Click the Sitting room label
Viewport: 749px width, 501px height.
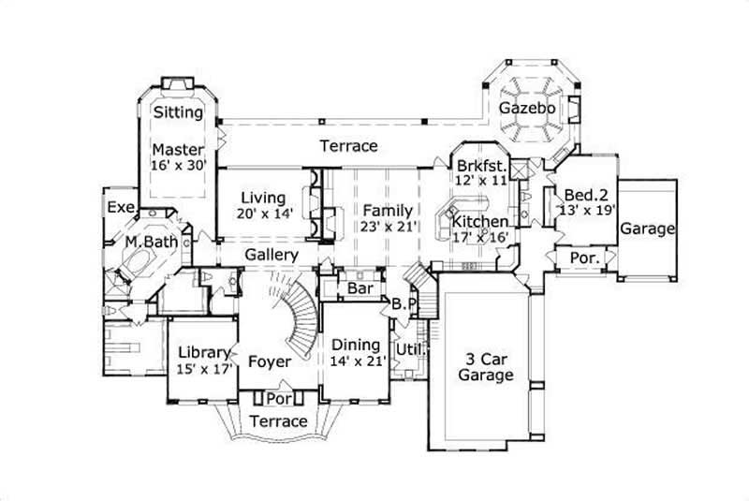pos(178,112)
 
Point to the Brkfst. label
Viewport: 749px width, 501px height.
pos(481,163)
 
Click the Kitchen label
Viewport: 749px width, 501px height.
pos(480,222)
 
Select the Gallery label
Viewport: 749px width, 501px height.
pos(272,255)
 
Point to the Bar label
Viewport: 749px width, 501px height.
pos(360,288)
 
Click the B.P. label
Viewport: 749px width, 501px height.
pos(404,304)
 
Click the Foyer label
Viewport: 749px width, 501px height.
pos(270,361)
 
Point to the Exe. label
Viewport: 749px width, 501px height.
pos(121,207)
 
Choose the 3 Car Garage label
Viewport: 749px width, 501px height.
pos(485,366)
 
